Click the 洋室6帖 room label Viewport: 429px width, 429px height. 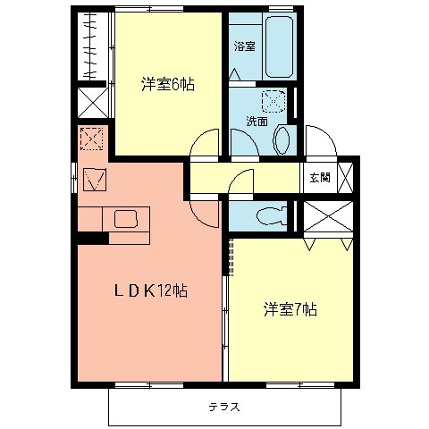168,85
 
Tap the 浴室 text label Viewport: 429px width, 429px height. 244,46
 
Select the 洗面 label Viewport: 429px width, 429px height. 257,121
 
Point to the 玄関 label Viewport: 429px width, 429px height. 320,178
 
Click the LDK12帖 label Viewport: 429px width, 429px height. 148,290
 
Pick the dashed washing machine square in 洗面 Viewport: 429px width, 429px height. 273,102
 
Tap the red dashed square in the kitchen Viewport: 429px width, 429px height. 91,139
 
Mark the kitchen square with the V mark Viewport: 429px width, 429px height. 95,179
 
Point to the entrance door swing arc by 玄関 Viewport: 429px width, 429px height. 317,141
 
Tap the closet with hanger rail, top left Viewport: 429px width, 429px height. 91,45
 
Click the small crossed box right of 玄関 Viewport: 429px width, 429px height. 347,178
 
